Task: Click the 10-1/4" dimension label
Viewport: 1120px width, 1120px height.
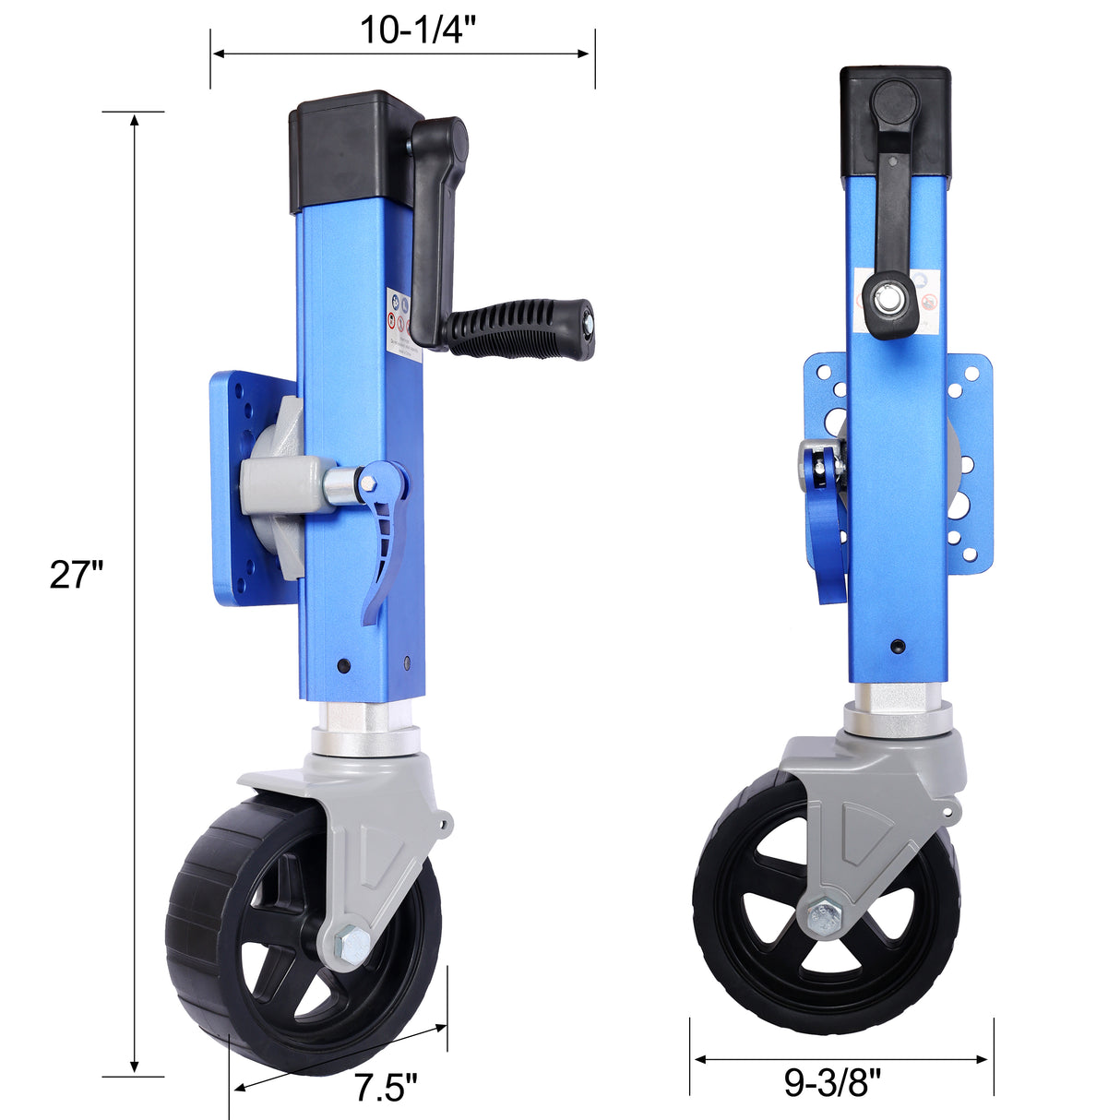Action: (x=417, y=30)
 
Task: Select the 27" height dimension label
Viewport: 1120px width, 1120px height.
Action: (x=76, y=575)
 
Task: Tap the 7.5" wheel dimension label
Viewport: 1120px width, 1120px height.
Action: (x=386, y=1089)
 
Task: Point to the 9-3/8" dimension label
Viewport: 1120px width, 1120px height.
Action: (x=833, y=1082)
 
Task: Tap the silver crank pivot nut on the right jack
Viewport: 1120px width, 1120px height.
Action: (x=891, y=299)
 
